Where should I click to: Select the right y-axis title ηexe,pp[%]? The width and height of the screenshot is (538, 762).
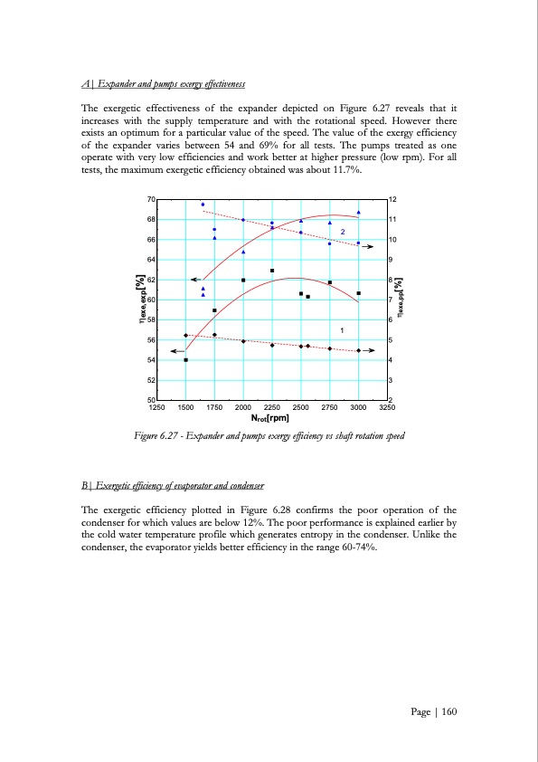pyautogui.click(x=401, y=299)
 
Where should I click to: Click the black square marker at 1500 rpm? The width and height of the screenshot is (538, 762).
pyautogui.click(x=186, y=360)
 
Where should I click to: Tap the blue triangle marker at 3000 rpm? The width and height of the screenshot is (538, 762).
pyautogui.click(x=359, y=213)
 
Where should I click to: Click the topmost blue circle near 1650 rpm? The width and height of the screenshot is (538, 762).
pyautogui.click(x=203, y=205)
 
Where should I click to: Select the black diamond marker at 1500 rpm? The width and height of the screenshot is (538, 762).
pyautogui.click(x=185, y=336)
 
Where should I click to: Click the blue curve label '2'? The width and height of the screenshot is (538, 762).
pyautogui.click(x=343, y=233)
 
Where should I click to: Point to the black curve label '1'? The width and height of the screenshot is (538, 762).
pyautogui.click(x=343, y=328)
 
